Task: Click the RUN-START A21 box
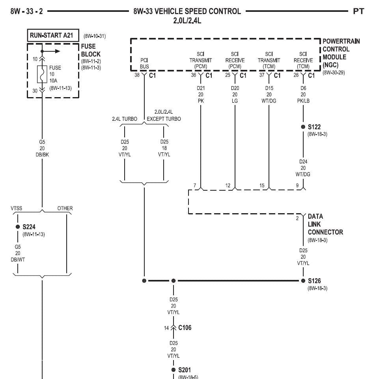tap(53, 35)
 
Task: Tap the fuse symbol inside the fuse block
tap(42, 74)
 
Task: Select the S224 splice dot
tap(18, 227)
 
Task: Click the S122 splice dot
tap(303, 127)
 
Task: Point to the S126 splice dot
tap(303, 281)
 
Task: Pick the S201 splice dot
tap(174, 370)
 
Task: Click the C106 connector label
tap(185, 327)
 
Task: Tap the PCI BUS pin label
tap(144, 63)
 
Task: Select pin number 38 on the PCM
tap(137, 75)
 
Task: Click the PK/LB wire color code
tap(303, 101)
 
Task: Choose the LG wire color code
tap(235, 101)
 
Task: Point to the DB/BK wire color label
tap(42, 155)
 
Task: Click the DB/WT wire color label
tap(18, 259)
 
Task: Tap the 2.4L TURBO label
tap(125, 119)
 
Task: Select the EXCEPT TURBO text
tap(164, 119)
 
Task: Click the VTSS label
tap(17, 208)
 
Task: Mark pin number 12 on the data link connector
tap(228, 186)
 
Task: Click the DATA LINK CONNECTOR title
tap(325, 224)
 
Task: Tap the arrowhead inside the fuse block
tap(58, 51)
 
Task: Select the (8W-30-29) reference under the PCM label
tap(334, 73)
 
